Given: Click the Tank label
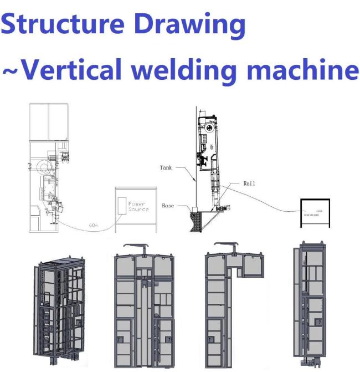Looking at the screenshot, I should pos(166,167).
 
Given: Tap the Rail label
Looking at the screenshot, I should pos(249,182).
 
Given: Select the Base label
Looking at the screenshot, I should pos(168,206).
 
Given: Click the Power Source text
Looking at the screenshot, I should pos(138,206).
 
